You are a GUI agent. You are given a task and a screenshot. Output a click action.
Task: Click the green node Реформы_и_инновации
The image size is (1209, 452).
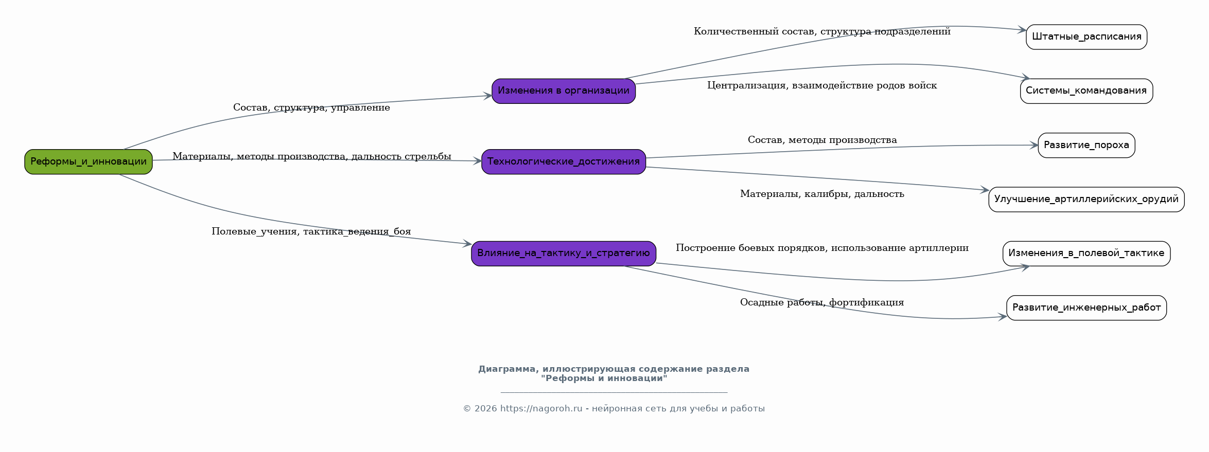coord(89,161)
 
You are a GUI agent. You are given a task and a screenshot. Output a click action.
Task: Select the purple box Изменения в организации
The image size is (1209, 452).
coord(564,91)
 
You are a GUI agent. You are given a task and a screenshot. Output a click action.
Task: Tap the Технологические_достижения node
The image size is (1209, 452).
coord(564,161)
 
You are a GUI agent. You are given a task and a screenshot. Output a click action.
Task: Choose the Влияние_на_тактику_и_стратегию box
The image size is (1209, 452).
coord(564,254)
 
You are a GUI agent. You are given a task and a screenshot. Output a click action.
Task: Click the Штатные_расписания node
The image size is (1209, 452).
coord(1087,37)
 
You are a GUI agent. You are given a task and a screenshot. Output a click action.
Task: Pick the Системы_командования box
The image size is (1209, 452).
coord(1087,91)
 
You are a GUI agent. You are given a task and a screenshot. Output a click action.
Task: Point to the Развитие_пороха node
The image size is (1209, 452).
coord(1087,146)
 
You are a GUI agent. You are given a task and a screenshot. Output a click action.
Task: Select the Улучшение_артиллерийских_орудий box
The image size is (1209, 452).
coord(1087,200)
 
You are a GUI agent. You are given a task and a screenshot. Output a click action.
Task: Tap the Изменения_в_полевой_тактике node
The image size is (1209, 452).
coord(1087,254)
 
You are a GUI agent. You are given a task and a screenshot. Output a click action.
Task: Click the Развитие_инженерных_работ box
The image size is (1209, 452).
coord(1087,308)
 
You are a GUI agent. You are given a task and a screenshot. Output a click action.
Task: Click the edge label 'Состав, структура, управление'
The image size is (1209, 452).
coord(311,107)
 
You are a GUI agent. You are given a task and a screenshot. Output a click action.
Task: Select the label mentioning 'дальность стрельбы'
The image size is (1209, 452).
coord(312,156)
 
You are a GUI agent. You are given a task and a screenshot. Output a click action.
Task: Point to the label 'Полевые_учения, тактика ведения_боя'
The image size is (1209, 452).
coord(311,231)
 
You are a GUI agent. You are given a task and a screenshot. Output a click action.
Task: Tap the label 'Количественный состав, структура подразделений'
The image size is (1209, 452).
coord(822,31)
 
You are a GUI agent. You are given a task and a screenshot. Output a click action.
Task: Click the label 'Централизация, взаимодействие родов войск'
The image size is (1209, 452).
coord(822,85)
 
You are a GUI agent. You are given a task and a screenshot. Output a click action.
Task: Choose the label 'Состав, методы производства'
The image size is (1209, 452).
coord(822,140)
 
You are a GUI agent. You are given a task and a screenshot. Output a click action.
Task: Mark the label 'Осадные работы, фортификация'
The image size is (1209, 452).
coord(822,302)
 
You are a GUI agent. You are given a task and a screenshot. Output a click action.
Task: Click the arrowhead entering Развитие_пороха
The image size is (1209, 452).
coord(1034,146)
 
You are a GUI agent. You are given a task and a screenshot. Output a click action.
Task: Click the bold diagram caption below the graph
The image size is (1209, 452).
coord(614,374)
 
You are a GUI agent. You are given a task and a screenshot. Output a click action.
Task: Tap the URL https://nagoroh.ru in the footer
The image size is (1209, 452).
coord(541,409)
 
